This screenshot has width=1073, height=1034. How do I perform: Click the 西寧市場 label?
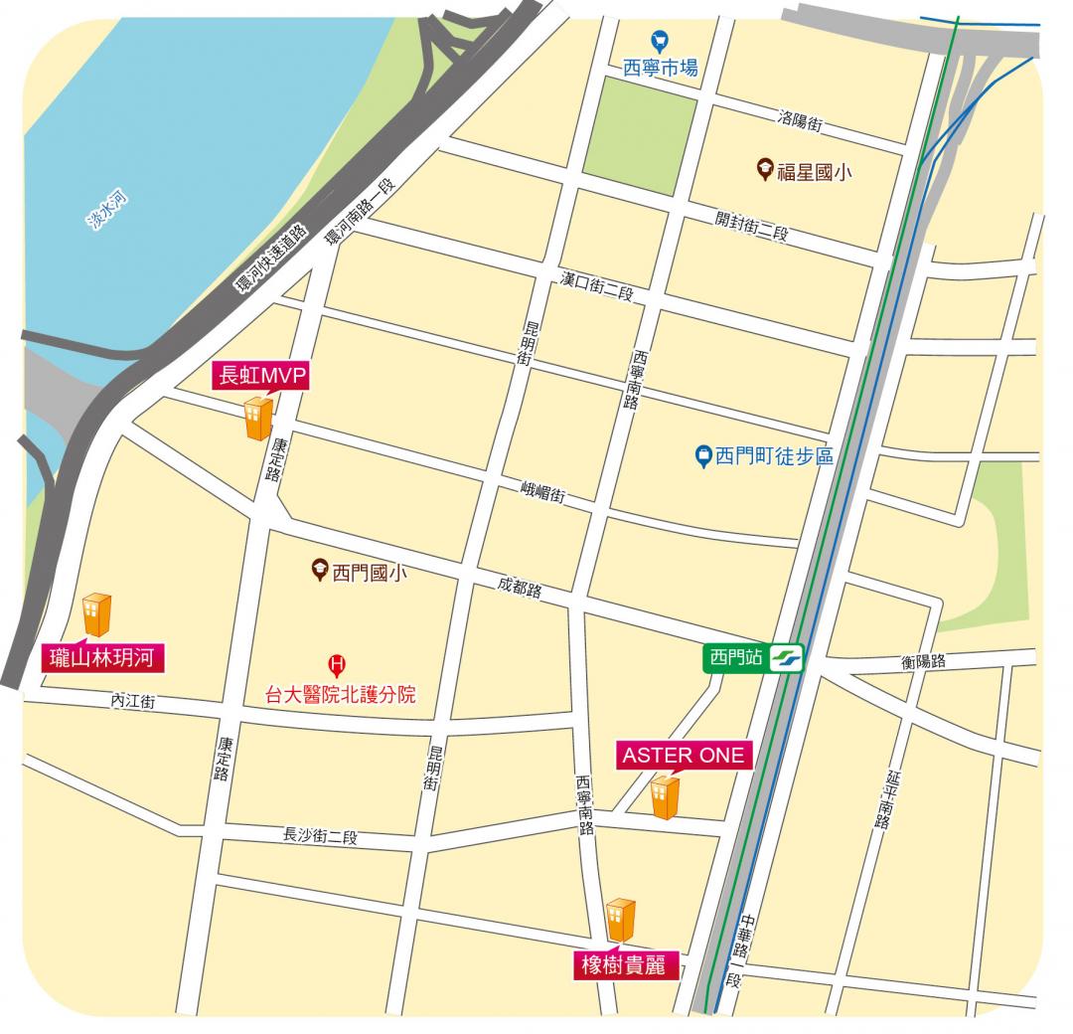tap(661, 68)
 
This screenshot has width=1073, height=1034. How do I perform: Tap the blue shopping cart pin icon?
tap(658, 41)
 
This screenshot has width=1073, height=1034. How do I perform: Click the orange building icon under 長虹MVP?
tap(257, 418)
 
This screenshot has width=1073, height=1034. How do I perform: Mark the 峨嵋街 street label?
tap(543, 490)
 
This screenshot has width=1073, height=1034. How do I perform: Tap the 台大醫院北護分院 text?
tap(340, 694)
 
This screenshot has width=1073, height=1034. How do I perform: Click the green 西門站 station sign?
tap(735, 657)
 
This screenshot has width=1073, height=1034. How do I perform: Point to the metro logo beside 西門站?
tap(786, 657)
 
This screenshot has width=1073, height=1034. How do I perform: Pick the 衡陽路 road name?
tap(923, 661)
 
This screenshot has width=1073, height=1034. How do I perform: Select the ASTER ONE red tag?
tap(683, 756)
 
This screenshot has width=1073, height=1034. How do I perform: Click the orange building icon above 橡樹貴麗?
tap(620, 919)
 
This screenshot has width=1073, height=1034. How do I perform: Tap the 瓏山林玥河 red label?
tap(103, 657)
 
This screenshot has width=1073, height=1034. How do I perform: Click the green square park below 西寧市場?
tap(640, 134)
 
